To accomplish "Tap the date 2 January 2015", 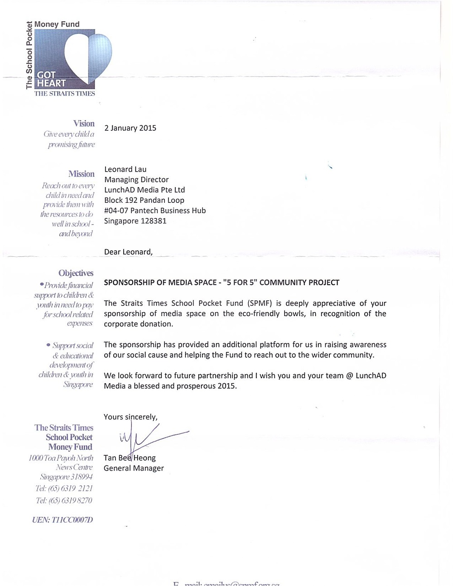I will click(130, 128).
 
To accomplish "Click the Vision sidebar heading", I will click(84, 124).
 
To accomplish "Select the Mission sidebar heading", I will click(82, 174).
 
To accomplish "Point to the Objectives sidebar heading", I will click(76, 273).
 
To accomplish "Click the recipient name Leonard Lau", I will click(125, 169).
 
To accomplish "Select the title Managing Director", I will click(136, 180).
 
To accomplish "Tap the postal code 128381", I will click(154, 221).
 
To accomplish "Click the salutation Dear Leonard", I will click(128, 252).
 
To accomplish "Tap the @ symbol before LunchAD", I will click(349, 376).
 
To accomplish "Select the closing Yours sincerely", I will click(130, 417).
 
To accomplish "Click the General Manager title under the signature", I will click(134, 468).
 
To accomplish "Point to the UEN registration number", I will click(63, 520).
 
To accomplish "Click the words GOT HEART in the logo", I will click(51, 79).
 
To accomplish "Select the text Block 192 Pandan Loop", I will click(144, 200).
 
